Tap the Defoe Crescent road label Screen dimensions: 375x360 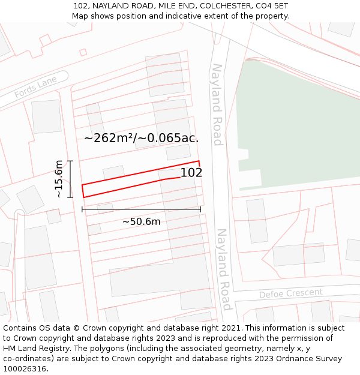[290, 293]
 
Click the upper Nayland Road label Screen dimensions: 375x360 [217, 104]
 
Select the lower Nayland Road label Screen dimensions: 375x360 [223, 268]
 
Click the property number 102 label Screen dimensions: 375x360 [191, 173]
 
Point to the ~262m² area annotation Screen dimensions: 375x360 [141, 138]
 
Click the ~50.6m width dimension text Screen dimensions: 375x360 [142, 221]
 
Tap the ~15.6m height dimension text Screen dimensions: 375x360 [59, 179]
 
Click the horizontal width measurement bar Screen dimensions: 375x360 [141, 209]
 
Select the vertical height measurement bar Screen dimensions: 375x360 [70, 179]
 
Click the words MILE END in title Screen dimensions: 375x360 [176, 5]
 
